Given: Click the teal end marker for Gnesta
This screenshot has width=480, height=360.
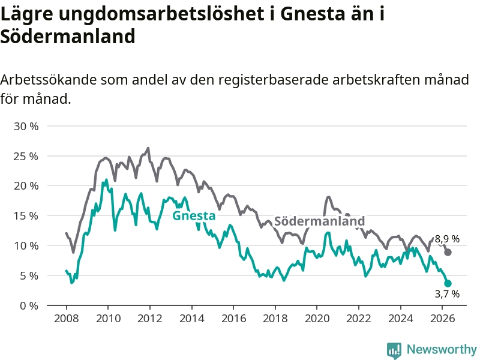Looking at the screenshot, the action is click(448, 283).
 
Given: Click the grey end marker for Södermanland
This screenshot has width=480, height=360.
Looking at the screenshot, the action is click(448, 252).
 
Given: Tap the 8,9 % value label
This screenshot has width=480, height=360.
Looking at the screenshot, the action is click(447, 239).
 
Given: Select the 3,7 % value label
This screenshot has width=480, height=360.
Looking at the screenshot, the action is click(447, 294).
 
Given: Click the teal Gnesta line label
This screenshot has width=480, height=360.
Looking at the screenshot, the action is click(194, 215).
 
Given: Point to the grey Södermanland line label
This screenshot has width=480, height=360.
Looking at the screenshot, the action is click(319, 221).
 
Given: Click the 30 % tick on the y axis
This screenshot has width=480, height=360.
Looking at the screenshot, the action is click(26, 126).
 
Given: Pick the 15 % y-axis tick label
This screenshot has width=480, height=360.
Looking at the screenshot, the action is click(26, 216).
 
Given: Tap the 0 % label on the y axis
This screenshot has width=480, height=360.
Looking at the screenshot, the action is click(29, 305).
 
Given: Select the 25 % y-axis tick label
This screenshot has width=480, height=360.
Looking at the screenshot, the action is click(26, 156).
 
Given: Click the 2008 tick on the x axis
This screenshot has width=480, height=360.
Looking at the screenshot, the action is click(66, 319).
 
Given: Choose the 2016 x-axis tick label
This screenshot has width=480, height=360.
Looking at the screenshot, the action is click(233, 319).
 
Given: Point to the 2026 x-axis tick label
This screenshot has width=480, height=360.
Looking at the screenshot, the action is click(442, 319).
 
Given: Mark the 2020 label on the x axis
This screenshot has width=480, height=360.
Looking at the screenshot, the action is click(317, 319).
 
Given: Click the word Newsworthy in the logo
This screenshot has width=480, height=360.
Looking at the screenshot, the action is click(442, 349).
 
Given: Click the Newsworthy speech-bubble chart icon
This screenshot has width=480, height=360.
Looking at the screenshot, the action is click(394, 351).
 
